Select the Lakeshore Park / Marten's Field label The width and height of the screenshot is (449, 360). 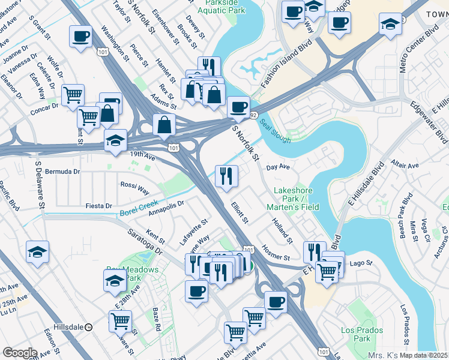[x=296, y=199]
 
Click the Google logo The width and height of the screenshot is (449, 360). [x=19, y=353]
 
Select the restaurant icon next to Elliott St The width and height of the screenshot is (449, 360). [x=226, y=176]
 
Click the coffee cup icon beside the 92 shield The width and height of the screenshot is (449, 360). [x=238, y=107]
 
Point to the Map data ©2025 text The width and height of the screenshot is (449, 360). [x=424, y=355]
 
